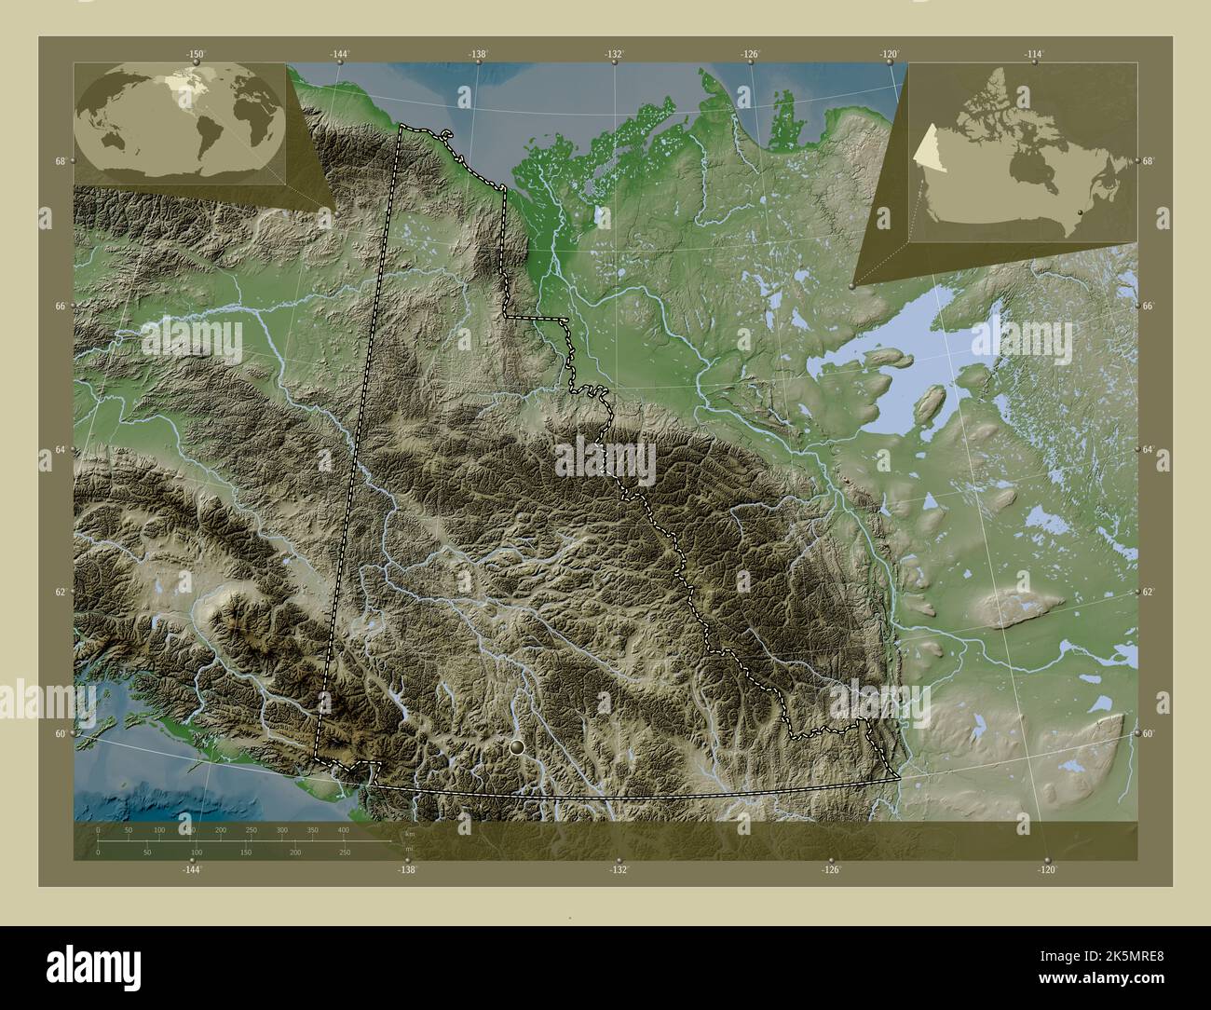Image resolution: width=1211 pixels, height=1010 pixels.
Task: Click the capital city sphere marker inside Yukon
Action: (x=517, y=746)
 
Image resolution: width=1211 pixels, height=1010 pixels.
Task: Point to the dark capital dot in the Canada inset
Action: (x=1078, y=213)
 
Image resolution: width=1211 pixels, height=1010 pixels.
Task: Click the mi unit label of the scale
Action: (x=408, y=848)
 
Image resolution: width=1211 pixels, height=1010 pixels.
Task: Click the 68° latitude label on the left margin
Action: (x=60, y=162)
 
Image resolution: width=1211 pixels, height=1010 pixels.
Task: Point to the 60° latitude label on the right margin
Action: (x=1149, y=733)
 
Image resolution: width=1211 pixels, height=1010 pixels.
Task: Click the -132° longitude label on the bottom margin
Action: (x=619, y=869)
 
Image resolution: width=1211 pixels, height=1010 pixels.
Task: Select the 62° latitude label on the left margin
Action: (x=60, y=592)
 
